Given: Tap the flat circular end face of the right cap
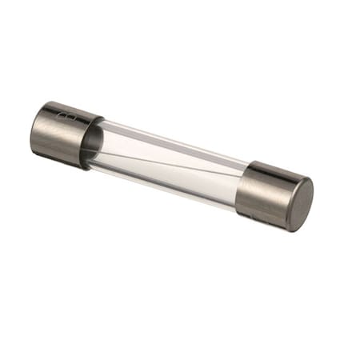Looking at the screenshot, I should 299,205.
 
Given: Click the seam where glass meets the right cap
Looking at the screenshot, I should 246,186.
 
